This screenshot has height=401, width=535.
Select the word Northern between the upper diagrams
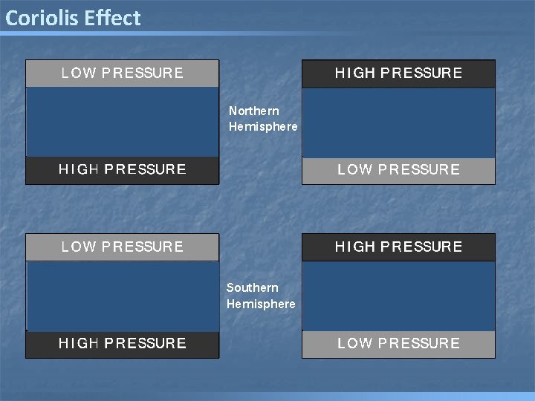pyautogui.click(x=254, y=111)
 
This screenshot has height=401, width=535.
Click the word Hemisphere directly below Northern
pyautogui.click(x=263, y=126)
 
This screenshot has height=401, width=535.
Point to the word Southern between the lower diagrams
pyautogui.click(x=253, y=287)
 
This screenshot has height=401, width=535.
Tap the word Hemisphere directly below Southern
pyautogui.click(x=261, y=304)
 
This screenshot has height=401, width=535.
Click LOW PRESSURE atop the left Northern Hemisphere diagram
pyautogui.click(x=123, y=73)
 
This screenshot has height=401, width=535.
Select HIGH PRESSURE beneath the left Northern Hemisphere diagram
pyautogui.click(x=123, y=169)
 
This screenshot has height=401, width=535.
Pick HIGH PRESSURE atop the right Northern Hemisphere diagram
pyautogui.click(x=398, y=73)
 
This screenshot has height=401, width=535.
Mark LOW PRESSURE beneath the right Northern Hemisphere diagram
pyautogui.click(x=398, y=169)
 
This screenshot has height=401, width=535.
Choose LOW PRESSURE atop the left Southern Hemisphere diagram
pyautogui.click(x=123, y=247)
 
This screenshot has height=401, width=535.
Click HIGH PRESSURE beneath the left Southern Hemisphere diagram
pyautogui.click(x=123, y=343)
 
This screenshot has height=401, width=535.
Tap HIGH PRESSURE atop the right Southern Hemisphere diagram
pyautogui.click(x=398, y=247)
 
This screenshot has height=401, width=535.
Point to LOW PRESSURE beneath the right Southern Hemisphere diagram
pyautogui.click(x=398, y=343)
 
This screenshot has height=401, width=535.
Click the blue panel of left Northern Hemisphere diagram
pyautogui.click(x=123, y=122)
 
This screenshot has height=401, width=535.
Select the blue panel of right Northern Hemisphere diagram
pyautogui.click(x=398, y=122)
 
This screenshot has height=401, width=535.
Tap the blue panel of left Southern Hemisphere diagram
pyautogui.click(x=123, y=296)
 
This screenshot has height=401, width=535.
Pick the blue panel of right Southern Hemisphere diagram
pyautogui.click(x=398, y=296)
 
